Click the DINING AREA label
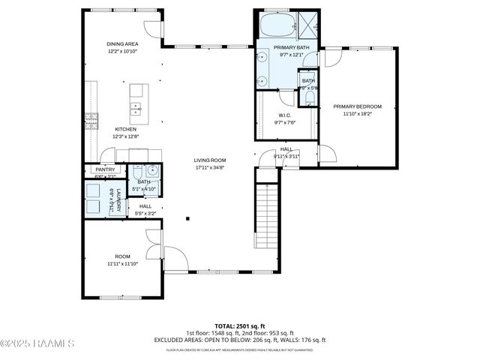pyautogui.click(x=121, y=44)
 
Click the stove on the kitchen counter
pyautogui.click(x=91, y=119)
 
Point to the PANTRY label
pyautogui.click(x=104, y=169)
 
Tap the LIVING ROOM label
pyautogui.click(x=210, y=160)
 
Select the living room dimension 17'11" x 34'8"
pyautogui.click(x=210, y=167)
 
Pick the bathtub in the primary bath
pyautogui.click(x=277, y=25)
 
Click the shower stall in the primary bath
pyautogui.click(x=307, y=24)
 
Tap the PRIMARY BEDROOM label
pyautogui.click(x=358, y=106)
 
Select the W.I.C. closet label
pyautogui.click(x=285, y=115)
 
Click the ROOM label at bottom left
pyautogui.click(x=122, y=256)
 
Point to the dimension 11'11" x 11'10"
pyautogui.click(x=122, y=263)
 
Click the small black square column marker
pyautogui.click(x=187, y=219)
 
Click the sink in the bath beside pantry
pyautogui.click(x=151, y=169)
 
